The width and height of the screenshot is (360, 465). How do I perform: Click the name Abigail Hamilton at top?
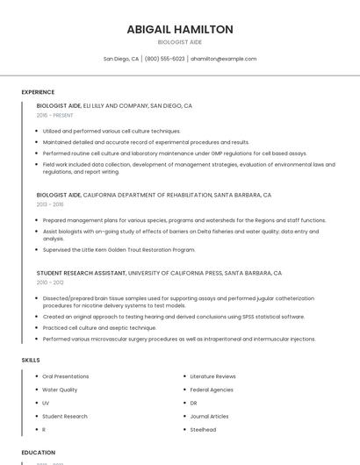tap(180, 30)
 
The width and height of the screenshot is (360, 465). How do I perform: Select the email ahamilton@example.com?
tap(224, 59)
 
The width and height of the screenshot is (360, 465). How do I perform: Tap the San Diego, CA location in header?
tap(121, 59)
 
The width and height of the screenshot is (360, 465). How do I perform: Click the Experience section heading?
tap(38, 92)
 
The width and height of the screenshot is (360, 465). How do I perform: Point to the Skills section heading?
tap(31, 360)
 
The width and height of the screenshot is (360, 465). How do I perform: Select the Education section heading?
tap(38, 453)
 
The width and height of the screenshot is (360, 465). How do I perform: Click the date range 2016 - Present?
tap(54, 115)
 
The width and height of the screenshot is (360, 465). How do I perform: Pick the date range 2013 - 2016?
tap(49, 204)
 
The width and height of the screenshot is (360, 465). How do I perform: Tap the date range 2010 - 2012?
tap(49, 283)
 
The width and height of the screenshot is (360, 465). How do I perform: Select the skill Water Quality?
tap(60, 390)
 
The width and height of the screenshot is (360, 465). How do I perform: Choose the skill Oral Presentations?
tap(66, 376)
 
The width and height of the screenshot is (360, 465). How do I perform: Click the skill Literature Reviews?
tap(212, 376)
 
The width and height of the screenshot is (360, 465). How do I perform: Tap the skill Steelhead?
tap(203, 430)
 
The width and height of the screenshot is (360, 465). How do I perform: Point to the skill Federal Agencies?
tap(212, 390)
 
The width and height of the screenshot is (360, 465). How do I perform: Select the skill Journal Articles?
tap(209, 417)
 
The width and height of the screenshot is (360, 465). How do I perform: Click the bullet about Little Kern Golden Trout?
tap(119, 249)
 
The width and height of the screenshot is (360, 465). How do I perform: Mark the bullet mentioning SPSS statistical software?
tap(174, 317)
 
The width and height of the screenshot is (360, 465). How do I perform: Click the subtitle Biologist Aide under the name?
tap(180, 42)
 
